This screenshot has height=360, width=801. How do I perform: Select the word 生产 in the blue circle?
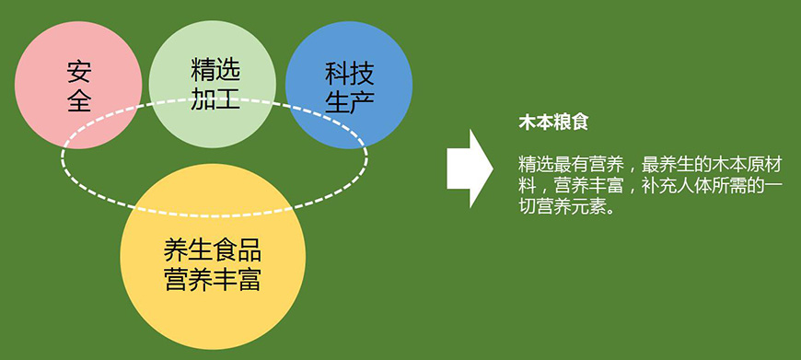click(x=348, y=101)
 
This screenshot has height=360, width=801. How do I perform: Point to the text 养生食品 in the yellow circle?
click(x=212, y=250)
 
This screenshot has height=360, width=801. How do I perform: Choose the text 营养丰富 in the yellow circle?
click(x=212, y=279)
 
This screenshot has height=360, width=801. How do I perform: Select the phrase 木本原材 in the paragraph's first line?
click(x=746, y=165)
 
